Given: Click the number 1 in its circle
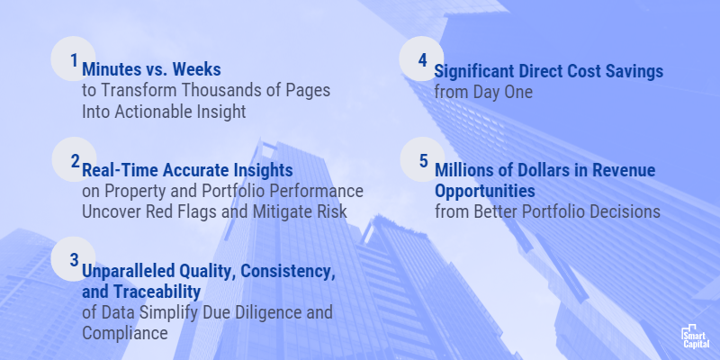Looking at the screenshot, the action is pyautogui.click(x=73, y=58).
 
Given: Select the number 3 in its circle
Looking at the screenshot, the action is pyautogui.click(x=74, y=259).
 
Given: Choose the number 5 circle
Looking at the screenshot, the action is pyautogui.click(x=422, y=159).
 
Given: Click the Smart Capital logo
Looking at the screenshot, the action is pyautogui.click(x=696, y=337).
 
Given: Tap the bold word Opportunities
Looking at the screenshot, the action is pyautogui.click(x=485, y=191).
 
